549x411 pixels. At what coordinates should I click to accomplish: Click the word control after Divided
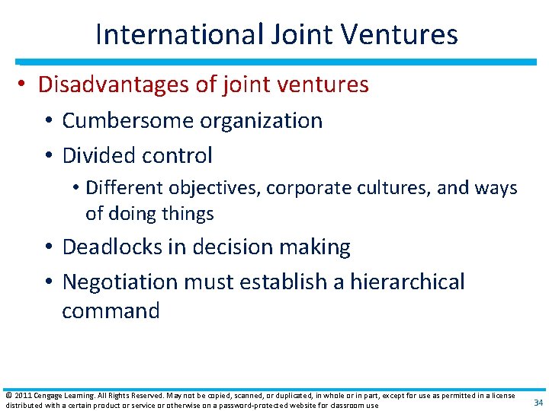[x=179, y=155]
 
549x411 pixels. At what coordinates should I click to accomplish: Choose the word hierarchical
[x=407, y=282]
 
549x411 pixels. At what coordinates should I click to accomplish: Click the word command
[x=111, y=311]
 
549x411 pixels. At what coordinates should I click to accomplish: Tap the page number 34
[x=538, y=403]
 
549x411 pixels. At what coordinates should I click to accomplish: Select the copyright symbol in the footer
[x=8, y=396]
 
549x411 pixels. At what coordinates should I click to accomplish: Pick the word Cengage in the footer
[x=47, y=396]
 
